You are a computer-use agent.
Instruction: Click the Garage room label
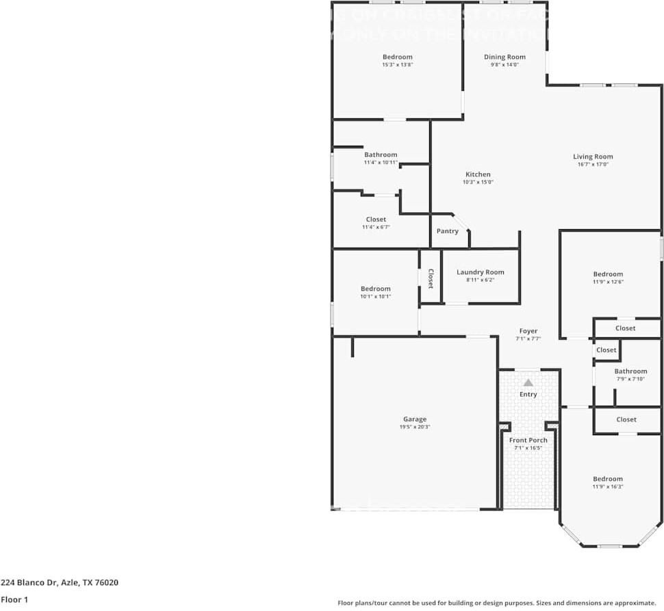pos(414,419)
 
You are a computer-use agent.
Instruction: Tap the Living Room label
pos(593,157)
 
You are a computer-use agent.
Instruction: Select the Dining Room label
pos(505,57)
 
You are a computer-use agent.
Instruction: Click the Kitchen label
pos(478,174)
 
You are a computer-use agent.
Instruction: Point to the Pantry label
pos(448,231)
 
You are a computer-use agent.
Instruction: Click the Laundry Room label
pos(480,272)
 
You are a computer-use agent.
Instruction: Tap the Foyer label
pos(528,331)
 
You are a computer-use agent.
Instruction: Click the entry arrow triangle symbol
pos(528,382)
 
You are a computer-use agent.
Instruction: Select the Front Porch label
pos(528,440)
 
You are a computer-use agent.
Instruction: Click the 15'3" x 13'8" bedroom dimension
pos(397,65)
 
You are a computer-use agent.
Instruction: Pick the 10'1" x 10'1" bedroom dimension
pos(375,296)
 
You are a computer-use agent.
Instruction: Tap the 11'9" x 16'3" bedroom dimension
pos(608,486)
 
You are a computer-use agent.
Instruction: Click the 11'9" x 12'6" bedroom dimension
pos(608,282)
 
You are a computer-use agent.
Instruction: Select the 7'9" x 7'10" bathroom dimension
pos(630,379)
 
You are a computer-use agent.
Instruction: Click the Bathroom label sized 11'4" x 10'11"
pos(381,155)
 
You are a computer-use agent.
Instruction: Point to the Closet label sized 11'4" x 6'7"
pos(376,220)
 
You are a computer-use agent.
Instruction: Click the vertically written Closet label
pos(431,278)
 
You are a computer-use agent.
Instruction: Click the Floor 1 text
pos(15,599)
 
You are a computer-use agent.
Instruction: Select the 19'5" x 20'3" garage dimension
pos(414,427)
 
